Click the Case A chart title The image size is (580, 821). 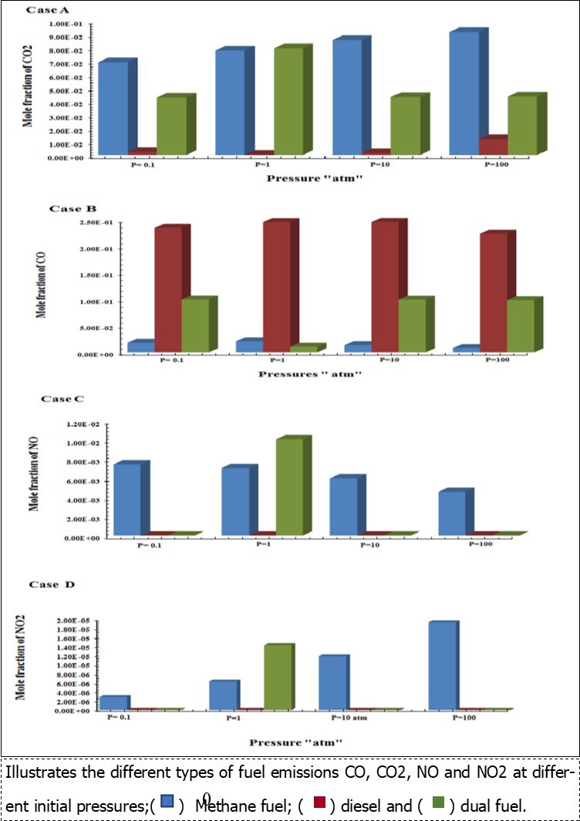tap(45, 10)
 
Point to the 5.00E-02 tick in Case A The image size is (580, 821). tap(77, 92)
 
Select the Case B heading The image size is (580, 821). tap(71, 209)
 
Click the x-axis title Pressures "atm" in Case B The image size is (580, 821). tap(299, 373)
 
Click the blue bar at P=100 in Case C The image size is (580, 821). tap(451, 513)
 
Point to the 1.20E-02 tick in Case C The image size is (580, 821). tap(83, 425)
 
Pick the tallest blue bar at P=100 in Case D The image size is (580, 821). tap(443, 665)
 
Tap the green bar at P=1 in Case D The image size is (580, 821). tap(278, 678)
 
